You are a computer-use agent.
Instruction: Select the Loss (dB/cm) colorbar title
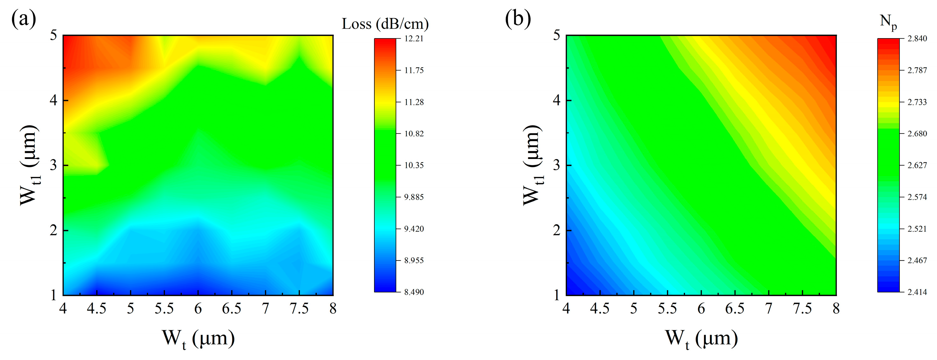click(x=385, y=24)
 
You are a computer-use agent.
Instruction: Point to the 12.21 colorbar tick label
click(x=414, y=39)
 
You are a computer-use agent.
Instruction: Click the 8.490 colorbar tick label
click(x=414, y=292)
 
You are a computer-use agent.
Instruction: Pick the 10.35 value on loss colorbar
click(x=414, y=165)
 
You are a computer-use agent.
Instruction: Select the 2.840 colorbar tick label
click(x=917, y=39)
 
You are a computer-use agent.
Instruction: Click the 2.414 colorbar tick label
click(x=917, y=292)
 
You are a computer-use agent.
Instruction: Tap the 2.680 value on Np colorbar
click(x=917, y=134)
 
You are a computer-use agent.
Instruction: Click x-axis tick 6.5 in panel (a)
click(x=232, y=309)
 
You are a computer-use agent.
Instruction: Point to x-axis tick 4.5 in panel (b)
click(x=600, y=309)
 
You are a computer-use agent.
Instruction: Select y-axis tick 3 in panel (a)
click(x=54, y=165)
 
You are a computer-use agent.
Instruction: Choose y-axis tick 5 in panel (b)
click(x=557, y=36)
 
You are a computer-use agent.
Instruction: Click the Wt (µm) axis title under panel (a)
click(x=198, y=339)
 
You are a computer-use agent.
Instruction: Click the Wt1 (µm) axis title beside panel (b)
click(x=533, y=165)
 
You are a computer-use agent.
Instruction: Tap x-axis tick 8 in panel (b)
click(x=836, y=309)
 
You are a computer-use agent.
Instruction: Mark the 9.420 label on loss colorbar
click(x=414, y=229)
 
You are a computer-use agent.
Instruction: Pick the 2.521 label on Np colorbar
click(x=917, y=229)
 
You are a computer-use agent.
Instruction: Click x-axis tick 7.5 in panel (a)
click(x=299, y=309)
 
